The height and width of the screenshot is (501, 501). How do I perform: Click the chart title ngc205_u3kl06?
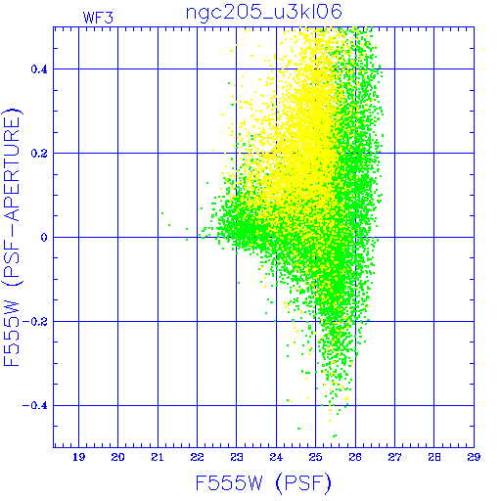(264, 13)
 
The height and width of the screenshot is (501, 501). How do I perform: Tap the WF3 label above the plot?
(98, 18)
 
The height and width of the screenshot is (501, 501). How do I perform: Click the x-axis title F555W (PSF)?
(263, 483)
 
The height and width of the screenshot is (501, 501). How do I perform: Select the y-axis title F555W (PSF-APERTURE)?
(12, 237)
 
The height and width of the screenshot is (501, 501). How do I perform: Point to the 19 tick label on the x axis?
(78, 457)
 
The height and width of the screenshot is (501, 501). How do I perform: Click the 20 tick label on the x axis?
(117, 457)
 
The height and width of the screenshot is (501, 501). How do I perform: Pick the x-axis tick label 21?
(158, 457)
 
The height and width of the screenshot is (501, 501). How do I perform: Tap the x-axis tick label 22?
(197, 457)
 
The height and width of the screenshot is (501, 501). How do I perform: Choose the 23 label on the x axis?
(237, 457)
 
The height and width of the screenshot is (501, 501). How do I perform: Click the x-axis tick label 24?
(276, 457)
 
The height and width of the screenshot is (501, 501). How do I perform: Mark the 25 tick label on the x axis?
(316, 457)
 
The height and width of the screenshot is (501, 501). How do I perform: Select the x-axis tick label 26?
(355, 457)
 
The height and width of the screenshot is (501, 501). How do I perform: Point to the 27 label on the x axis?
(394, 457)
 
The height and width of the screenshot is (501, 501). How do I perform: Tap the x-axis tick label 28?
(434, 457)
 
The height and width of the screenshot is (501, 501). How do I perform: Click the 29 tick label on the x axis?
(474, 457)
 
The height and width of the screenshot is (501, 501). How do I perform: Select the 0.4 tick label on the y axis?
(39, 69)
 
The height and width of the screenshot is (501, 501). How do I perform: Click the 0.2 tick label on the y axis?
(39, 154)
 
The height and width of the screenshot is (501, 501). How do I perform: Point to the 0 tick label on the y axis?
(44, 238)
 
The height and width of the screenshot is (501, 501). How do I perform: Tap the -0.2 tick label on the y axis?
(35, 322)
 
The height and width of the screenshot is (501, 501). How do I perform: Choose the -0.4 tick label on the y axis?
(35, 406)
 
